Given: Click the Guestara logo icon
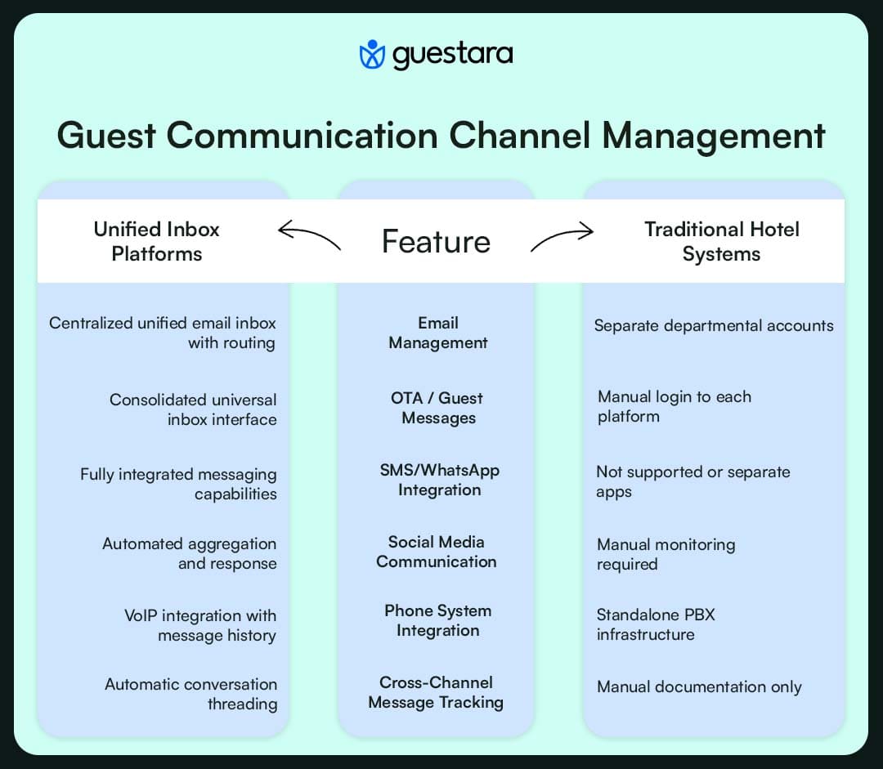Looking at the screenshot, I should tap(372, 55).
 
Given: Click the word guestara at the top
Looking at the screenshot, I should tap(452, 55).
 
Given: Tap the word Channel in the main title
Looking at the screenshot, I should tap(520, 136).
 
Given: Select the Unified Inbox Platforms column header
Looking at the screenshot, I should tap(156, 241).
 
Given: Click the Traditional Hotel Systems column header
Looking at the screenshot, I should tap(721, 241).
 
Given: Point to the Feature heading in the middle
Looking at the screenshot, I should tap(436, 242).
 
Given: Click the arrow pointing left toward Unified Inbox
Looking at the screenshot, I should tap(309, 235).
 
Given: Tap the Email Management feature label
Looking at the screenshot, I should tap(437, 333).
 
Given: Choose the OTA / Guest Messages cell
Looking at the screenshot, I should tap(437, 408).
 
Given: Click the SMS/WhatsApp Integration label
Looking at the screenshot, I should tap(439, 480).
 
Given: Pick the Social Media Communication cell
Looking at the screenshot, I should tap(436, 552).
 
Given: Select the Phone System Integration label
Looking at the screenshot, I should tap(437, 620).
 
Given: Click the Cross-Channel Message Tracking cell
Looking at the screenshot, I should tap(436, 692).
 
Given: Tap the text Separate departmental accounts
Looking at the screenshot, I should tap(714, 325).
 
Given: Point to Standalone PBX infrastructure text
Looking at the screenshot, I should tap(655, 624).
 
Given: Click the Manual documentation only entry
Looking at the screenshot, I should tap(699, 686).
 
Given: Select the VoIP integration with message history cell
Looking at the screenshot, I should tap(200, 625).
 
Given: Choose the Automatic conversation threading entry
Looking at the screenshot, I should tap(191, 694).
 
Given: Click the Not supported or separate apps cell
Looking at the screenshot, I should tap(693, 481).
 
